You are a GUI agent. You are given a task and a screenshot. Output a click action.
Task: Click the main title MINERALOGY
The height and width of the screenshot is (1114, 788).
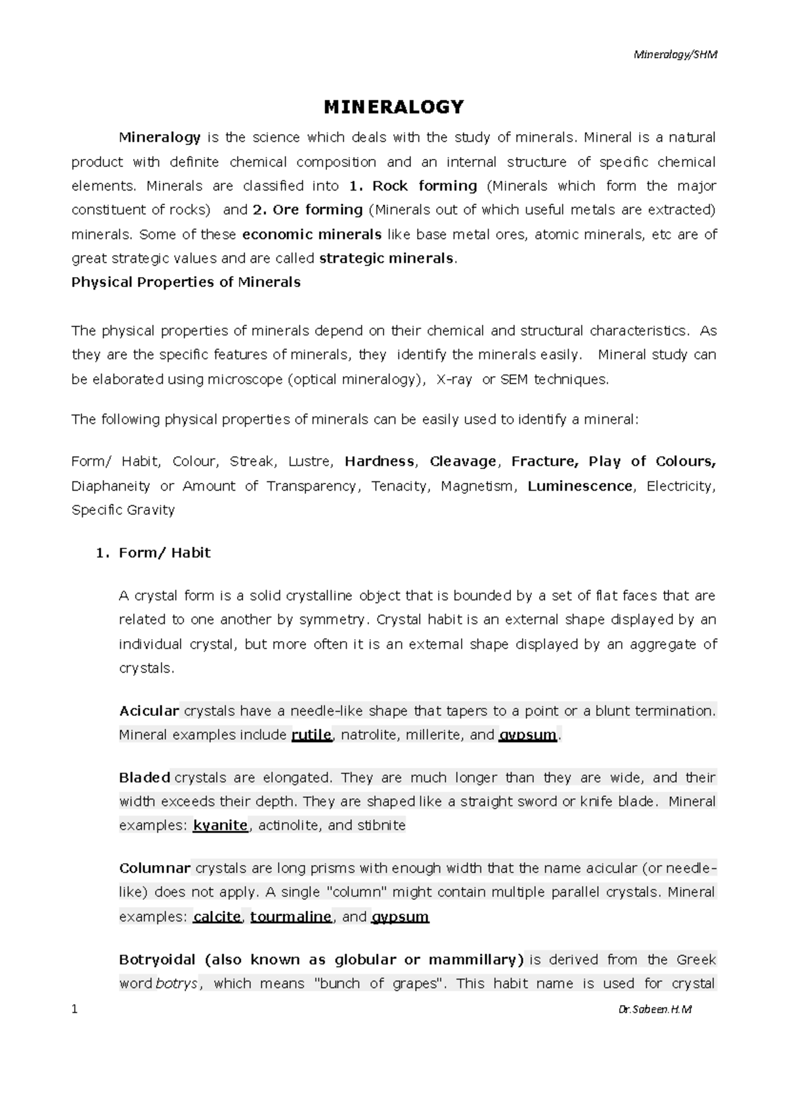pyautogui.click(x=393, y=106)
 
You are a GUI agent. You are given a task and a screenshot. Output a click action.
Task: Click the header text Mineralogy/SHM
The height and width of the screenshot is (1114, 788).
pyautogui.click(x=675, y=55)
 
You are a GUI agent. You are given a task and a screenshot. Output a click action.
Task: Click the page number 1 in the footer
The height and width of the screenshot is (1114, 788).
pyautogui.click(x=74, y=1010)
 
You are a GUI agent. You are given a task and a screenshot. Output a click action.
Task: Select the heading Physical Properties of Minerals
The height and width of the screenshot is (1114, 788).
pyautogui.click(x=186, y=282)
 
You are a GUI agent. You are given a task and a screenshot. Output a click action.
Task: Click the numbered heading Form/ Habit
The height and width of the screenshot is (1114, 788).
pyautogui.click(x=164, y=553)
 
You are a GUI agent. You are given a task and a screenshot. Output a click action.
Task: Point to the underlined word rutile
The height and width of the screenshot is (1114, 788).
pyautogui.click(x=311, y=735)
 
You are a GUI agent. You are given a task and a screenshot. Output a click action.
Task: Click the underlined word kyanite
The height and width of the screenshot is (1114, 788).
pyautogui.click(x=220, y=826)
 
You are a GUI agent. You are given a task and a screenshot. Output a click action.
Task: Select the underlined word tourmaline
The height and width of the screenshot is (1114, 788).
pyautogui.click(x=291, y=917)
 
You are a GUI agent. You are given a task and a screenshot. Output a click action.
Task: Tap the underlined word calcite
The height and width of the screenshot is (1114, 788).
pyautogui.click(x=217, y=917)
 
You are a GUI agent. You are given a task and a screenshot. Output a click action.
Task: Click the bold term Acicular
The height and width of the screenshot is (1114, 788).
pyautogui.click(x=149, y=711)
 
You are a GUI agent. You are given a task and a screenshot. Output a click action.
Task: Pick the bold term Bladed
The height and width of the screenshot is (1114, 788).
pyautogui.click(x=144, y=778)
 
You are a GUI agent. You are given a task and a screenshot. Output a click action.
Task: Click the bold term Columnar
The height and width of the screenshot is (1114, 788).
pyautogui.click(x=154, y=868)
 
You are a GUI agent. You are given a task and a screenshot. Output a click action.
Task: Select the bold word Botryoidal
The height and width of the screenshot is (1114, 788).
pyautogui.click(x=157, y=960)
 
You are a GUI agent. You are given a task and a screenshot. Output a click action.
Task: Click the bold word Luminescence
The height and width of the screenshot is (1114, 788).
pyautogui.click(x=580, y=486)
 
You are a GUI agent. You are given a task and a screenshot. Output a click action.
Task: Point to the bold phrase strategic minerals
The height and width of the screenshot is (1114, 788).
pyautogui.click(x=386, y=258)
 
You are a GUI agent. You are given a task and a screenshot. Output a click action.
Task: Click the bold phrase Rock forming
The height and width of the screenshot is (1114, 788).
pyautogui.click(x=425, y=186)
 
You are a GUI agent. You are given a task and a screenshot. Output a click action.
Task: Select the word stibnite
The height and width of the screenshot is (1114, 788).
pyautogui.click(x=382, y=826)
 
